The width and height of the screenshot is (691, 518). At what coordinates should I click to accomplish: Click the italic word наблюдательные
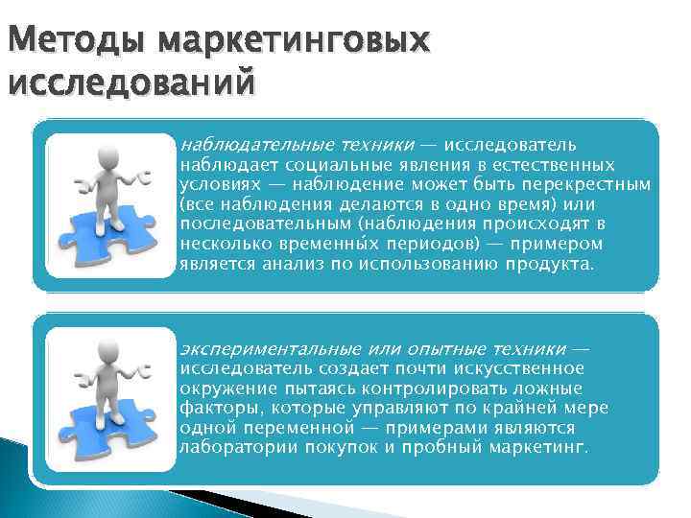(x=245, y=145)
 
